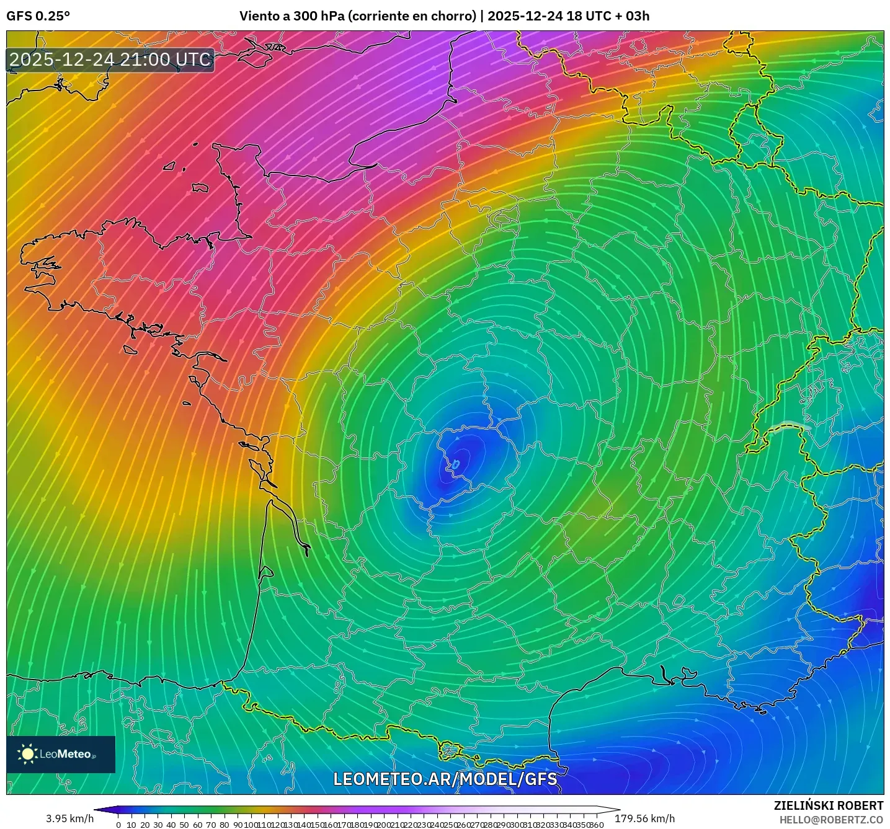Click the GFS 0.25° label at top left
click(38, 16)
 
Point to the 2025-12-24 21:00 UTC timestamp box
click(110, 60)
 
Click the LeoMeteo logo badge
click(61, 754)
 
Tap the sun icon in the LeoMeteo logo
click(27, 754)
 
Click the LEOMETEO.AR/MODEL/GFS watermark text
click(445, 779)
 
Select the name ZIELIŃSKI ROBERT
click(829, 805)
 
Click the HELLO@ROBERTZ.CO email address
click(831, 820)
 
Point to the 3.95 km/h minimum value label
click(70, 818)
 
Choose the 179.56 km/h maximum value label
click(644, 818)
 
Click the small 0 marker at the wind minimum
click(456, 464)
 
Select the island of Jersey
click(200, 187)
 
